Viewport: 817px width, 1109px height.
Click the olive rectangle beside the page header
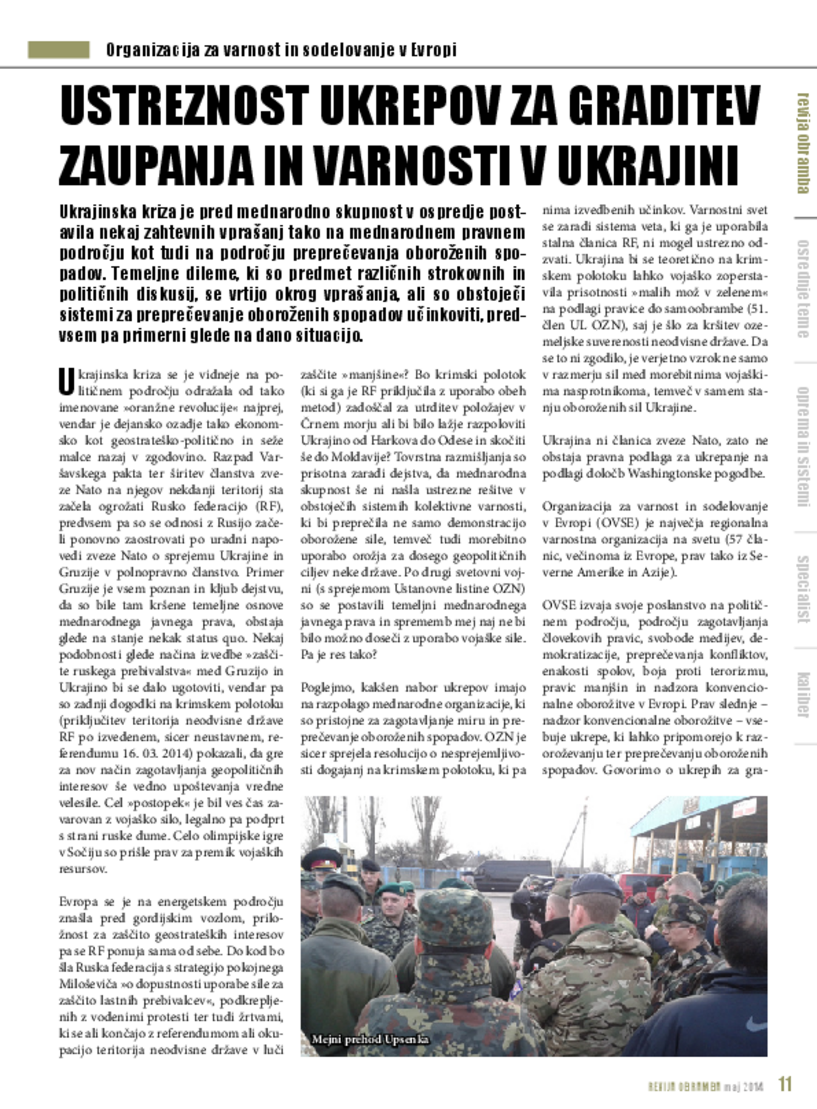click(58, 50)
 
